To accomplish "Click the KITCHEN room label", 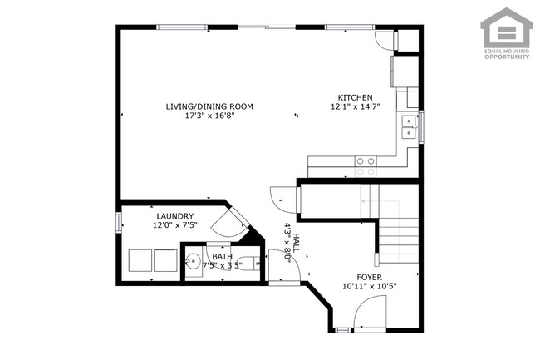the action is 355,97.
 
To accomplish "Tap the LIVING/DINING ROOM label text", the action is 209,106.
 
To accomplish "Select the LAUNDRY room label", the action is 175,216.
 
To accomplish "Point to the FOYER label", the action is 369,277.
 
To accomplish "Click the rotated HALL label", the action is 296,243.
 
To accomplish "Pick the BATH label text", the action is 222,257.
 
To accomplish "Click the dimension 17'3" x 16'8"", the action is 209,116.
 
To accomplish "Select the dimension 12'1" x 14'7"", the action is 355,106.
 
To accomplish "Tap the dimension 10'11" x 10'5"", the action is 370,286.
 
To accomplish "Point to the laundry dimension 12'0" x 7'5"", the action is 175,225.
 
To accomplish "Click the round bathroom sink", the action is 193,261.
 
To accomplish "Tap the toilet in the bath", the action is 248,264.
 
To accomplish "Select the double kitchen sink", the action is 410,126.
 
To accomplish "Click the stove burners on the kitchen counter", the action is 366,166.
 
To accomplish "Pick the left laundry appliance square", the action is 140,260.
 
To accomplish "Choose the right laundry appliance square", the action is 165,260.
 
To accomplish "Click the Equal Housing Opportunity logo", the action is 507,33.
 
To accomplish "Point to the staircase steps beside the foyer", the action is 399,241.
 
